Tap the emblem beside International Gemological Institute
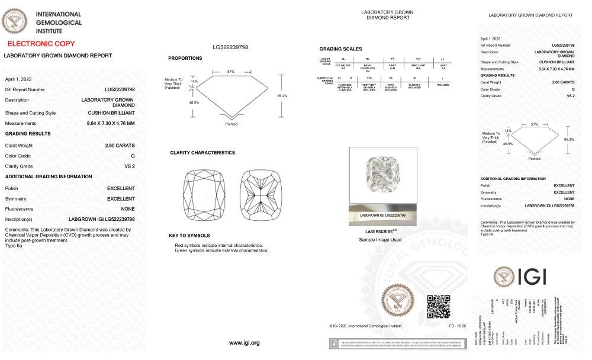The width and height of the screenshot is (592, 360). click(15, 21)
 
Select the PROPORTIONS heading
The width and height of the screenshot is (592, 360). click(185, 58)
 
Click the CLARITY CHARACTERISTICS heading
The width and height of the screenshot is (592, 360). click(202, 153)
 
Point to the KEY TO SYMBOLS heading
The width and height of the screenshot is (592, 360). click(189, 236)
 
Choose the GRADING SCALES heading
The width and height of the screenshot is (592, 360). click(340, 49)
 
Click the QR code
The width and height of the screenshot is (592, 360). click(439, 305)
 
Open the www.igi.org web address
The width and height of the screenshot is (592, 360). click(244, 343)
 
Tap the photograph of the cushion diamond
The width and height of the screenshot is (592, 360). click(382, 175)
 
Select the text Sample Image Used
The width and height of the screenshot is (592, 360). click(380, 240)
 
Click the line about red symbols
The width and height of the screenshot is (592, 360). click(218, 245)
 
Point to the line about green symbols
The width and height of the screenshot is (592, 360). click(221, 250)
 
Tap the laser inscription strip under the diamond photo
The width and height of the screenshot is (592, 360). click(382, 215)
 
